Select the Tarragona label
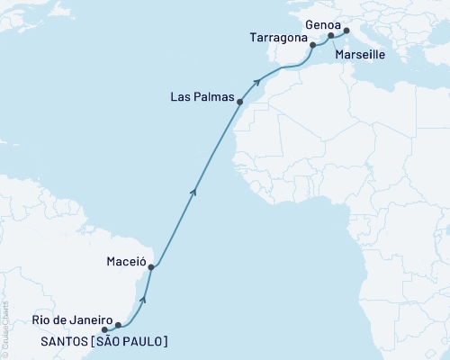274,39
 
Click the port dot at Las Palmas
239,103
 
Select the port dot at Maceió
151,267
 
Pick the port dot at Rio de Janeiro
118,325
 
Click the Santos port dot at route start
104,329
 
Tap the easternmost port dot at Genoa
346,31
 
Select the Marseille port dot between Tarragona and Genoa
330,36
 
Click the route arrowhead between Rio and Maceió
145,295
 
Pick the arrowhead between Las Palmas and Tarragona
258,82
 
